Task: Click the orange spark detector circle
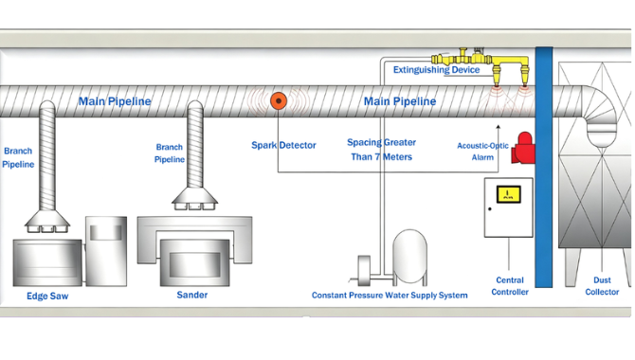point(279,100)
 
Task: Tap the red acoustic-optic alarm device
point(523,148)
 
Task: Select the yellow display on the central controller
point(508,194)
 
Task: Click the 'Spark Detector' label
point(283,145)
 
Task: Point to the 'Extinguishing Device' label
point(436,70)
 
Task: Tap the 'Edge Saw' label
point(47,296)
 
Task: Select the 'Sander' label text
point(192,295)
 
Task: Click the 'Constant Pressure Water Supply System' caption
point(390,296)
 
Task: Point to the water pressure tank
point(409,257)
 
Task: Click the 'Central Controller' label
point(510,286)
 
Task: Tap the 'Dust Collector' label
point(602,286)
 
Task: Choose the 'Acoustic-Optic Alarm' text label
point(482,152)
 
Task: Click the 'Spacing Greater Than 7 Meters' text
point(382,150)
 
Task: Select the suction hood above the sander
point(195,198)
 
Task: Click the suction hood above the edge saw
point(47,221)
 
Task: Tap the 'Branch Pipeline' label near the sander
point(170,153)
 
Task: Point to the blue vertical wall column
point(544,167)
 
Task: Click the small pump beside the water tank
point(364,271)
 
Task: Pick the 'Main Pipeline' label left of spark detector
point(115,101)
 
